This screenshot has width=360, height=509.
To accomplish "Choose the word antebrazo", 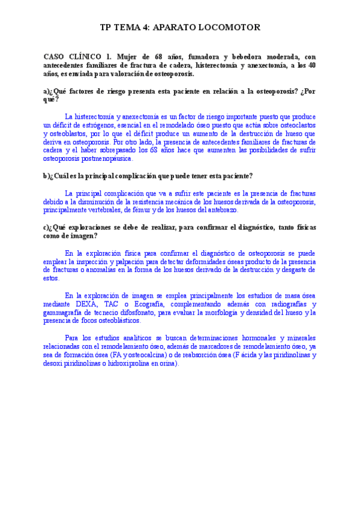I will click(222, 211).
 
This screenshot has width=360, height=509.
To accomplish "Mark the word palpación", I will click(176, 262).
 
